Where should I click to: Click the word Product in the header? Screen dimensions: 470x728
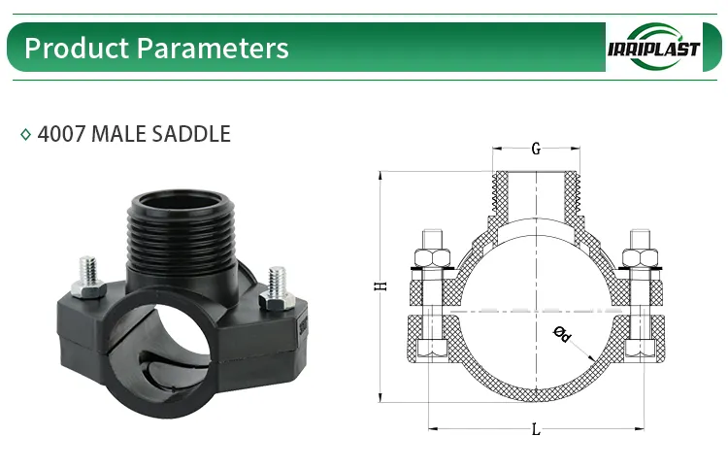click(x=70, y=48)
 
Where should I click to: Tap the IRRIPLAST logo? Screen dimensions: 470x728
click(x=651, y=48)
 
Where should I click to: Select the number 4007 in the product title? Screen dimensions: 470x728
click(x=61, y=134)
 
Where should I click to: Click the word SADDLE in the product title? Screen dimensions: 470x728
click(x=191, y=134)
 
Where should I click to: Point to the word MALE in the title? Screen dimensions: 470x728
click(x=119, y=134)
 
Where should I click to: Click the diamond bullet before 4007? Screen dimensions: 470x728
click(x=26, y=135)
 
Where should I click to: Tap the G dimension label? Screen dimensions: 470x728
click(x=536, y=151)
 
